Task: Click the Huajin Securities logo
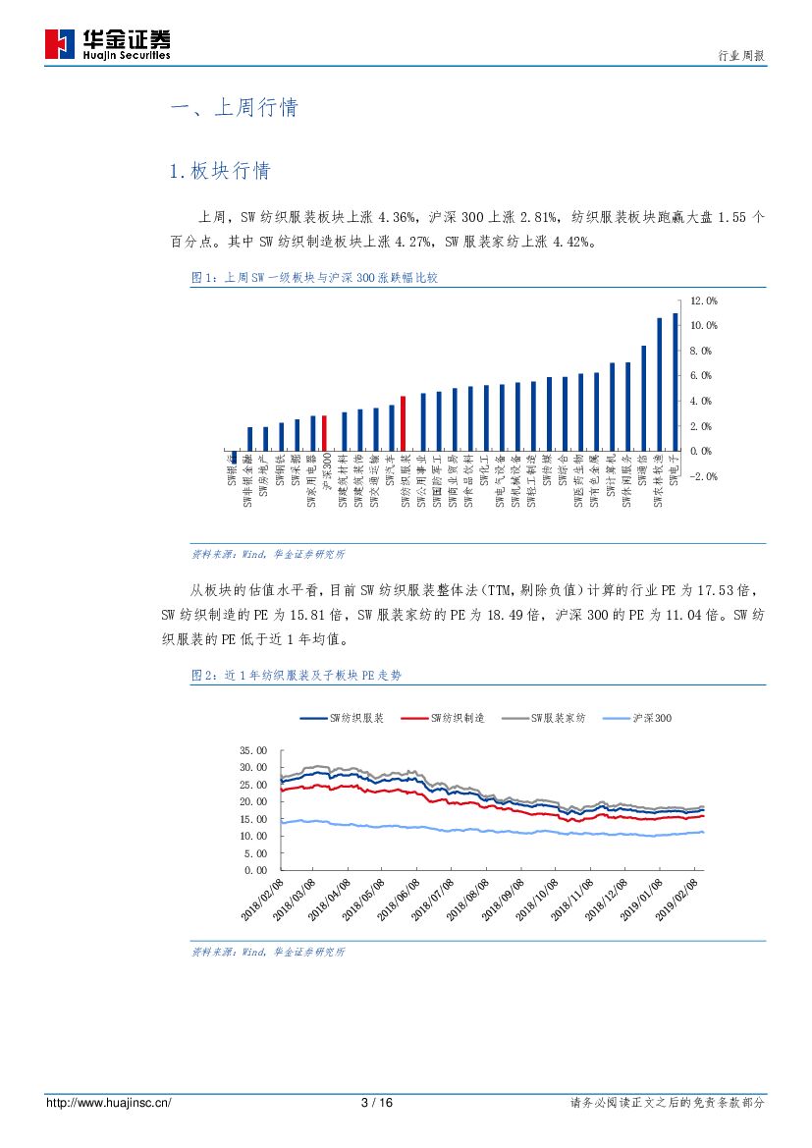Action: [108, 43]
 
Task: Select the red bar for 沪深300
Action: [325, 433]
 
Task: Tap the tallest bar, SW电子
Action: [676, 382]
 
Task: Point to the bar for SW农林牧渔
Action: [660, 384]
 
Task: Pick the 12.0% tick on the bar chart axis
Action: [704, 301]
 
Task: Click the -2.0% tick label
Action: [704, 476]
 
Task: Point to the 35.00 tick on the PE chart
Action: [253, 749]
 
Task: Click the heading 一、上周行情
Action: [234, 108]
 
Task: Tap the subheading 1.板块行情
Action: [220, 171]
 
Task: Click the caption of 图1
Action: [314, 278]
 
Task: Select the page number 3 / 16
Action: [377, 1103]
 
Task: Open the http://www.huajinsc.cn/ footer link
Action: [109, 1103]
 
